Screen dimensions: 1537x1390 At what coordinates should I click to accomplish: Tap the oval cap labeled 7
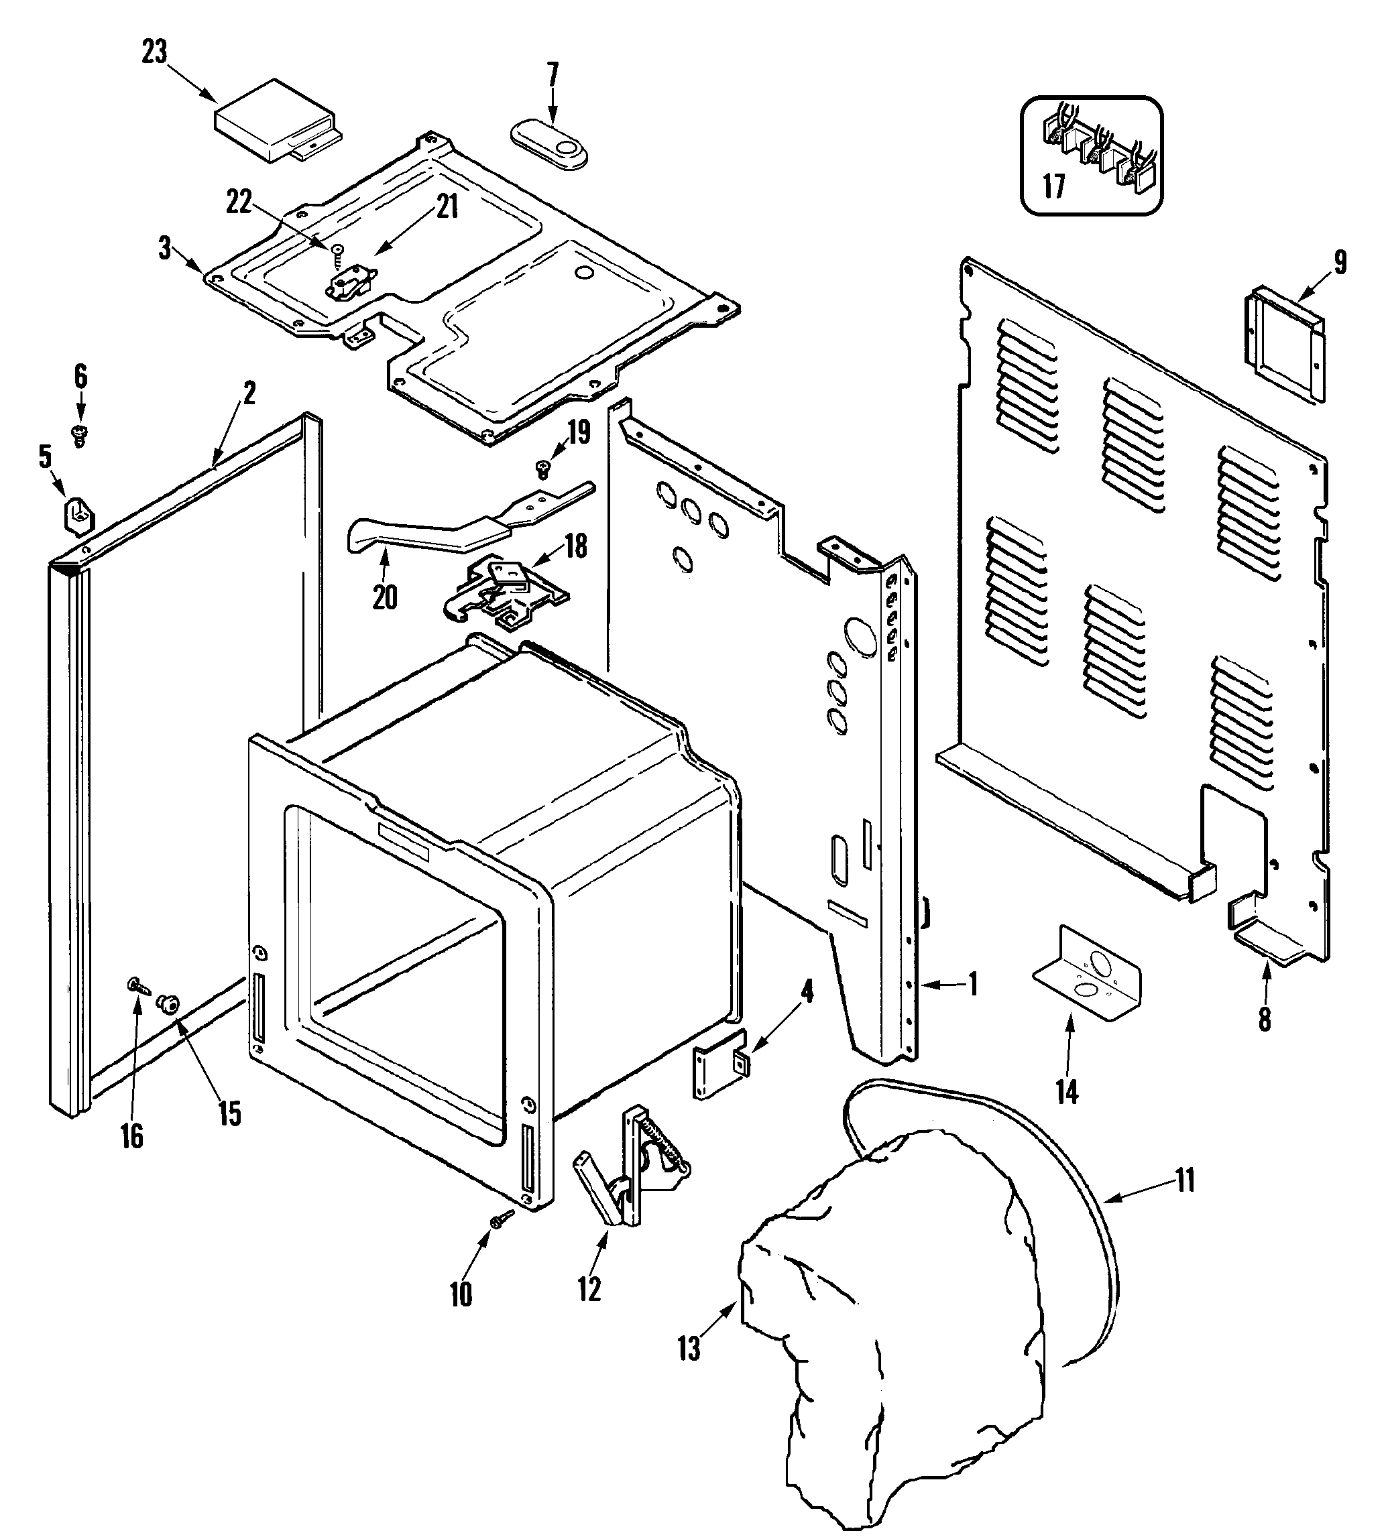[549, 143]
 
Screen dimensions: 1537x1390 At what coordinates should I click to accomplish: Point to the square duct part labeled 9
[1285, 344]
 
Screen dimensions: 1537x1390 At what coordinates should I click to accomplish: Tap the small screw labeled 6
[78, 435]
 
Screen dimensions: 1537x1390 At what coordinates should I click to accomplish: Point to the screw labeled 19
[543, 469]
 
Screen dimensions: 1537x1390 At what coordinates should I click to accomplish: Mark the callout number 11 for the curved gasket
[1184, 1181]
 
